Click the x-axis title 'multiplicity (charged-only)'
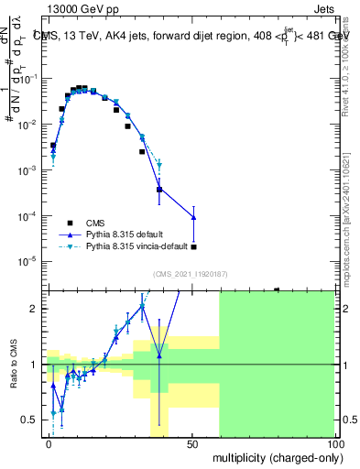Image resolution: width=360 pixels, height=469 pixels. (x=274, y=455)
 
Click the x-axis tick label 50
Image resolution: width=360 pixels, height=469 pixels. (x=191, y=443)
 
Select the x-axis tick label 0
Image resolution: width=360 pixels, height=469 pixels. (x=49, y=443)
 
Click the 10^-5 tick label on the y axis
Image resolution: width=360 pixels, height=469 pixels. (x=28, y=262)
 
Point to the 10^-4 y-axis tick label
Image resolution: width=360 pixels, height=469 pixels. (x=28, y=216)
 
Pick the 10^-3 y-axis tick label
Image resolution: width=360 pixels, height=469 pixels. (x=28, y=170)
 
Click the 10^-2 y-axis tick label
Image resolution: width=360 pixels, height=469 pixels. (x=28, y=125)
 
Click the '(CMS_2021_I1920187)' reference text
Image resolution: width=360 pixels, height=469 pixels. (x=190, y=274)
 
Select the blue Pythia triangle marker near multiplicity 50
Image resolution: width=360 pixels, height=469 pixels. (x=193, y=217)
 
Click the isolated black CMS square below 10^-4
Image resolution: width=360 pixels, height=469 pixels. (x=193, y=247)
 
